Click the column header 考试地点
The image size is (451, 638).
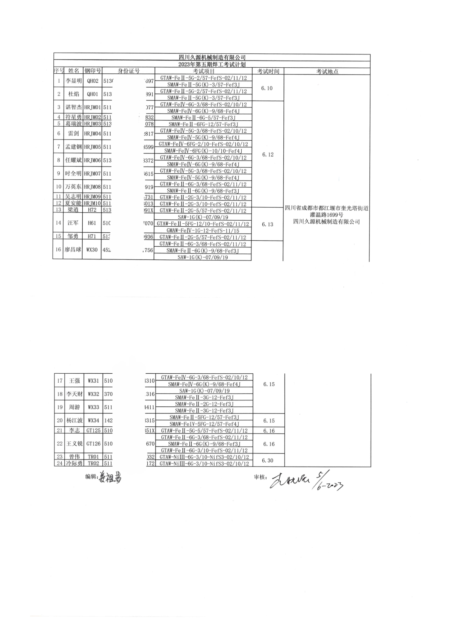coord(327,71)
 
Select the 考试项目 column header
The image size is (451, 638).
coord(204,71)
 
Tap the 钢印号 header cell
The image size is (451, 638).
coord(92,71)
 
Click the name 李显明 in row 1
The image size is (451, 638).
coord(74,81)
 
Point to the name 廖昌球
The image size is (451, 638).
coord(73,250)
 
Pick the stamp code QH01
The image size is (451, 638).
coord(92,94)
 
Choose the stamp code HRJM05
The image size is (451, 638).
coord(92,147)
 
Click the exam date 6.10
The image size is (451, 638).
coord(267,88)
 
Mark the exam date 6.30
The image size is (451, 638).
coord(268,461)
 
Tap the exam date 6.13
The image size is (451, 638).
coord(268,224)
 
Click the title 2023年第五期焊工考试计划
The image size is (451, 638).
coord(212,64)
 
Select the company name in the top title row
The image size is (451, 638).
coord(212,58)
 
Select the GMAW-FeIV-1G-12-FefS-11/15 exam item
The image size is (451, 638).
coord(203,230)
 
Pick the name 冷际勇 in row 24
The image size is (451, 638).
coord(74,464)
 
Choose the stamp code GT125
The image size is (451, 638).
coord(94,431)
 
